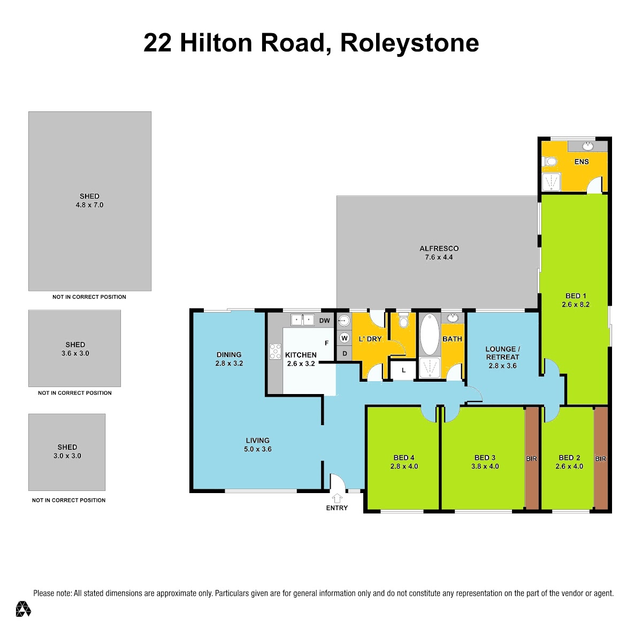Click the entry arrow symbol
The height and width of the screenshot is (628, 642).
(337, 498)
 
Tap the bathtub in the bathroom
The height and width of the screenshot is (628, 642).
(429, 334)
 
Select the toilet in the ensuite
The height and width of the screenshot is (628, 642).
(549, 162)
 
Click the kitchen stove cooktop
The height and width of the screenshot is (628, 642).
(275, 351)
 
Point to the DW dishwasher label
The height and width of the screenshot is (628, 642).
(325, 321)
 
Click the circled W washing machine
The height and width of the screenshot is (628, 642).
(345, 338)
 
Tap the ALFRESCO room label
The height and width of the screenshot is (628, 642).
(439, 248)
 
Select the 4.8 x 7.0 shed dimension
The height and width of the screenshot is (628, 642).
(89, 205)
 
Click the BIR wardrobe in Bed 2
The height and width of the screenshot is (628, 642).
(600, 458)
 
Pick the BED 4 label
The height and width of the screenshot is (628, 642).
(404, 458)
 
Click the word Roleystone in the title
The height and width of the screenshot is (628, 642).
(409, 43)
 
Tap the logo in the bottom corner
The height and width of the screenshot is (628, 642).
(24, 609)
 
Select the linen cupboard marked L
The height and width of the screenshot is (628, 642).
(403, 370)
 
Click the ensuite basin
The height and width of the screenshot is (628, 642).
(587, 146)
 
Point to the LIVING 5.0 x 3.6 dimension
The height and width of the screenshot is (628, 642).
(258, 449)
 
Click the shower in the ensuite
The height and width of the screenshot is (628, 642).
(551, 182)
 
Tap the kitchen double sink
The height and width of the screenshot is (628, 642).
(302, 320)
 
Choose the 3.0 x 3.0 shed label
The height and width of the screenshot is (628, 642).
(67, 456)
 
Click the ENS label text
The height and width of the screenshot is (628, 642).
(582, 162)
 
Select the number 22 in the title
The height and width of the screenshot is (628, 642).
(157, 43)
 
